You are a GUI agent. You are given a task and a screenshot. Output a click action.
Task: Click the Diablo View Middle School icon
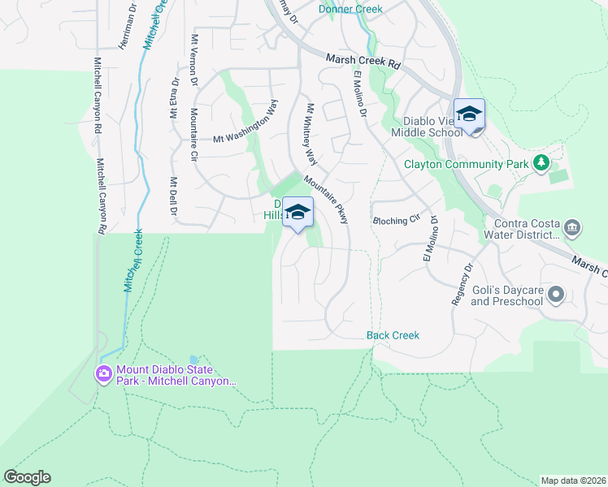(x=469, y=114)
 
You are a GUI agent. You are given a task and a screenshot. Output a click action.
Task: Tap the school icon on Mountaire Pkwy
(x=298, y=213)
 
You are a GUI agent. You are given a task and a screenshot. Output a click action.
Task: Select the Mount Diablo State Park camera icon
(x=104, y=373)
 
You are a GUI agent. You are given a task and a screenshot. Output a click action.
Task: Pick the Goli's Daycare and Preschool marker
(x=556, y=294)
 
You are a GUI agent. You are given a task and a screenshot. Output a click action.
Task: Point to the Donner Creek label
(x=350, y=9)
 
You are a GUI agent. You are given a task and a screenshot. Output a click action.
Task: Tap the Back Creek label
(x=393, y=335)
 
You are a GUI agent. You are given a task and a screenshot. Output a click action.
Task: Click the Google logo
(x=27, y=477)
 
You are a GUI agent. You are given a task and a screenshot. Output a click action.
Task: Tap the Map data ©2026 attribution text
(x=574, y=481)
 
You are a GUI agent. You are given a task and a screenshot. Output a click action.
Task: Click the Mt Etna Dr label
(x=174, y=97)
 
